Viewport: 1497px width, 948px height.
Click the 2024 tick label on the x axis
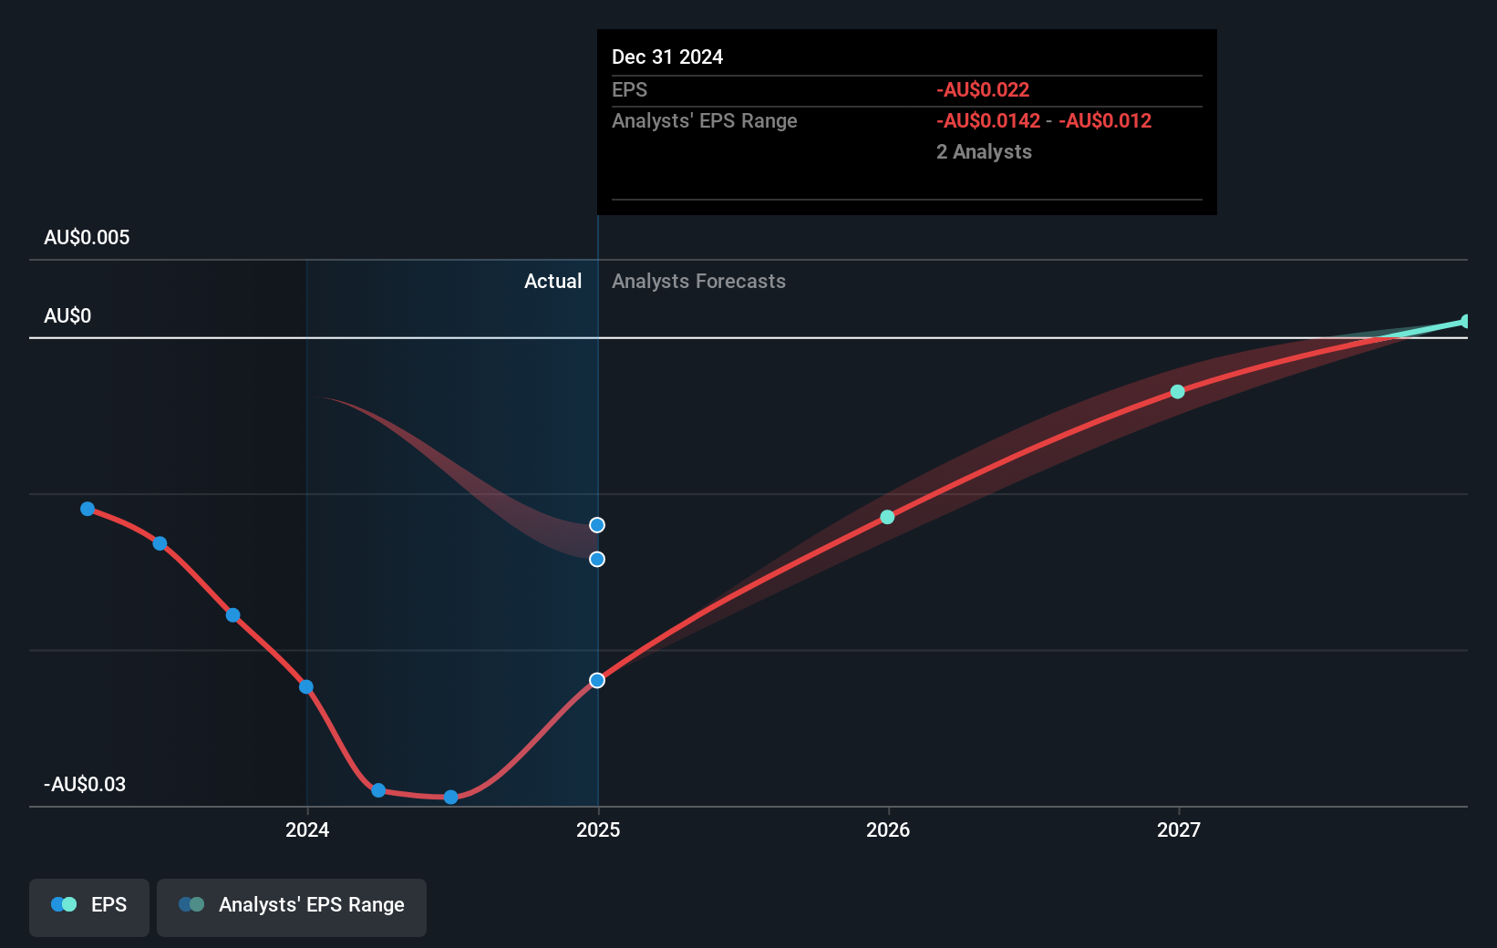[307, 829]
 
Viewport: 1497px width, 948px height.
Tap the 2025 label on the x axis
[598, 829]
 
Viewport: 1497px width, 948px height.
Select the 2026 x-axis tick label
[888, 829]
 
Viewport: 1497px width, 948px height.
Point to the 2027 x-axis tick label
[1179, 829]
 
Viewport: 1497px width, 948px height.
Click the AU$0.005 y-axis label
[87, 238]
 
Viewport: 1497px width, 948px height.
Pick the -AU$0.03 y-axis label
[85, 785]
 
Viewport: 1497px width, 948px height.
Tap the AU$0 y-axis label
[67, 316]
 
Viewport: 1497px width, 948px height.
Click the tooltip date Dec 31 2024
[667, 57]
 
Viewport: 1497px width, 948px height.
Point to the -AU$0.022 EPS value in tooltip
[983, 90]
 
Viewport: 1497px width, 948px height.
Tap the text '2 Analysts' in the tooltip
[984, 152]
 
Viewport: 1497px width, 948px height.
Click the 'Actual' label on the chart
[552, 282]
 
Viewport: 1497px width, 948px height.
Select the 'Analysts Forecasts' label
[698, 282]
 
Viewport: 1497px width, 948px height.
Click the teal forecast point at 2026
[887, 517]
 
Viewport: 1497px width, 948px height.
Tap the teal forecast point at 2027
[1177, 392]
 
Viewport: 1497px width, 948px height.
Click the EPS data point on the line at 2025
[597, 680]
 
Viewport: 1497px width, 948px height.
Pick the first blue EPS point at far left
[88, 509]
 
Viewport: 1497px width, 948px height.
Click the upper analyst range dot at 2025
[597, 525]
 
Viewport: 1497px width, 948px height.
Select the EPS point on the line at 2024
[306, 686]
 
